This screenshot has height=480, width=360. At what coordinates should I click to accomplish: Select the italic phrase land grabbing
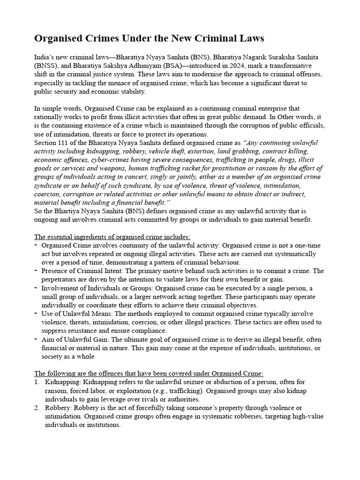point(238,151)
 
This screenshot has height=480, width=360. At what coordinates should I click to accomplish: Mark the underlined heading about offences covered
point(149,374)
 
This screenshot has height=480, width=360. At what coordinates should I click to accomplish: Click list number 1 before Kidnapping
point(37,382)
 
